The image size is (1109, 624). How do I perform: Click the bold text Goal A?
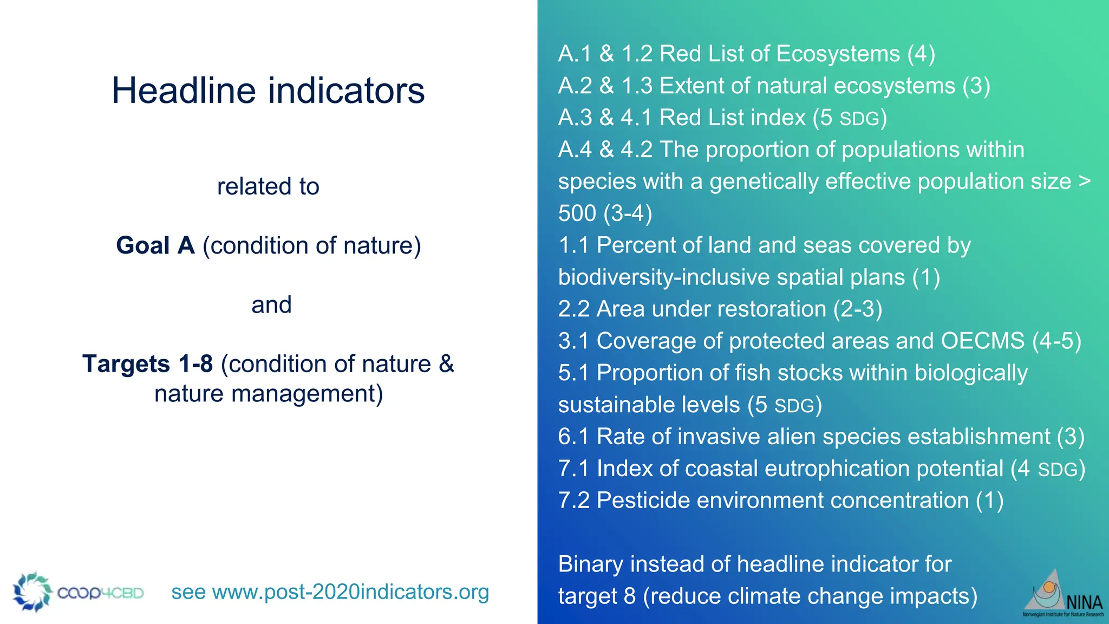pyautogui.click(x=155, y=245)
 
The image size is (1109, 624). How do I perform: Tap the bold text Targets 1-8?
pyautogui.click(x=147, y=364)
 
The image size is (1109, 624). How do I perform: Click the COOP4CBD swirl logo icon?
pyautogui.click(x=32, y=591)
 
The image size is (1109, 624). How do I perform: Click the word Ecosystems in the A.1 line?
pyautogui.click(x=838, y=54)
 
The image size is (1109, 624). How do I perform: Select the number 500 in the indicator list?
pyautogui.click(x=577, y=213)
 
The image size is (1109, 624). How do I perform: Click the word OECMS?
pyautogui.click(x=983, y=341)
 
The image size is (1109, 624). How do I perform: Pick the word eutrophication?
pyautogui.click(x=837, y=469)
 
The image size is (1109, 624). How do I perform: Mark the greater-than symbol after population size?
pyautogui.click(x=1085, y=181)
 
